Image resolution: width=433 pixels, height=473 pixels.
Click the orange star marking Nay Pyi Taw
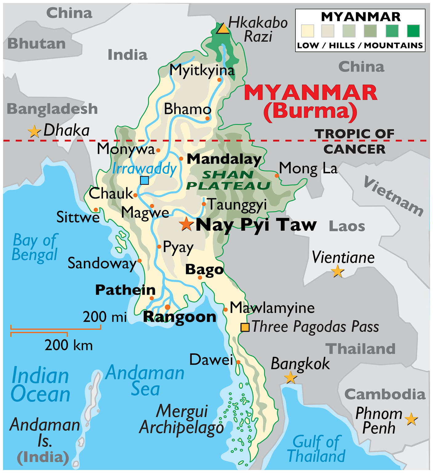[186, 224]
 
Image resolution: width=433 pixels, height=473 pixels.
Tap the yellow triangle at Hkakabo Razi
[223, 29]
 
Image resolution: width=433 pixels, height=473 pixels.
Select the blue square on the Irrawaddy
[144, 180]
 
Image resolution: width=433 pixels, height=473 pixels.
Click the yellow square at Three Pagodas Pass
[245, 327]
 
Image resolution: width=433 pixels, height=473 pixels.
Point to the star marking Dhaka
[34, 132]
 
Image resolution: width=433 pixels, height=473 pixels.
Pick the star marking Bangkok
[290, 378]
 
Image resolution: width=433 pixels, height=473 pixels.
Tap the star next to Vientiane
[338, 271]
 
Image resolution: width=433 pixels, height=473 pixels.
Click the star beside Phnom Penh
[411, 419]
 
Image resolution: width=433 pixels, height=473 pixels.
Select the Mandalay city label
[224, 159]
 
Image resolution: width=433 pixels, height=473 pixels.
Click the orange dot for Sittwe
[96, 210]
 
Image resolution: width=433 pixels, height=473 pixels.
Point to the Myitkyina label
[202, 71]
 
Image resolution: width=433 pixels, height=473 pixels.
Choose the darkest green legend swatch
[413, 31]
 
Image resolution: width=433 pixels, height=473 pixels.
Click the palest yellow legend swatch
[307, 31]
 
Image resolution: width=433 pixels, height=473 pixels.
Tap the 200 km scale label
[68, 345]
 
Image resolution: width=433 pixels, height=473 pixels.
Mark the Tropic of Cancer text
[354, 141]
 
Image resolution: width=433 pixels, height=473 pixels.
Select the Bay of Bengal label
[35, 248]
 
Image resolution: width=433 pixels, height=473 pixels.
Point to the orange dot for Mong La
[277, 176]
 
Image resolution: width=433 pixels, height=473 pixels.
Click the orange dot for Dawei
[238, 362]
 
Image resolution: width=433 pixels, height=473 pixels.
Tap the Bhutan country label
[37, 43]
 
